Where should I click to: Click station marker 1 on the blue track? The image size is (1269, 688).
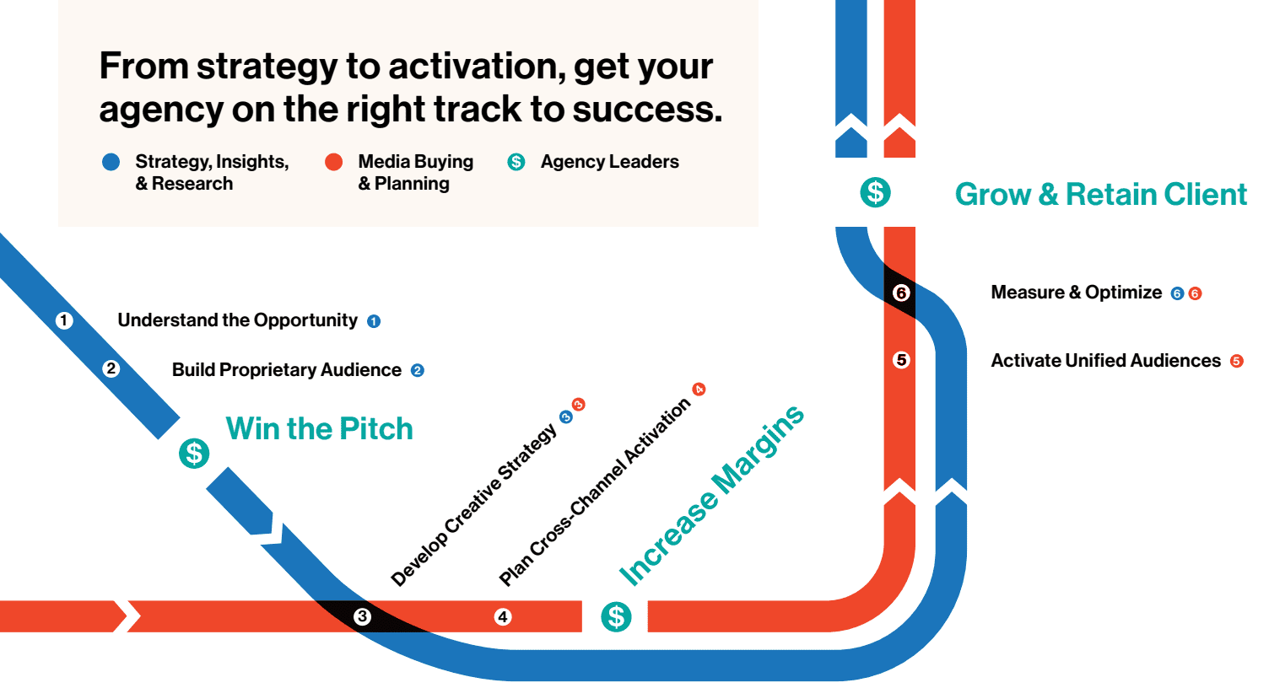64,320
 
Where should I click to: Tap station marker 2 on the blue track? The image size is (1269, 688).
111,368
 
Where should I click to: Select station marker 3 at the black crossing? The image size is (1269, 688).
362,616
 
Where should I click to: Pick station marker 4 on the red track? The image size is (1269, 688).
503,616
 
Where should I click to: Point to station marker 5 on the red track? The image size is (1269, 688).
901,360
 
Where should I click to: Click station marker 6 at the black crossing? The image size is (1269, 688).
901,293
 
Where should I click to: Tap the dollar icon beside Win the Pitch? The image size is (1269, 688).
194,454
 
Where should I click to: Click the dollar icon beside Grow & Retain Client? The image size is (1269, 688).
875,192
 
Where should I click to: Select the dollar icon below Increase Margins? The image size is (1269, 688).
616,616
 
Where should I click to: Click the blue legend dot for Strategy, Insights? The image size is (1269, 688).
111,162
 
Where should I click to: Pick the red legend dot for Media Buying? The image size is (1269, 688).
334,162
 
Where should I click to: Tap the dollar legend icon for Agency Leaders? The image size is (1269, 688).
516,162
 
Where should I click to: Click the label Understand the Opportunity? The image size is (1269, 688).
237,320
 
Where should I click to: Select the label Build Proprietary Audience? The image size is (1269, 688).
286,370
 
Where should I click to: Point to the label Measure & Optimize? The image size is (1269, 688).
1076,293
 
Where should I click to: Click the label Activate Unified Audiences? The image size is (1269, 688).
1105,361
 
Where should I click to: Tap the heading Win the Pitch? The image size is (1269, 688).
319,428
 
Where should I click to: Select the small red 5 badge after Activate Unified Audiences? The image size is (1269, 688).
1236,362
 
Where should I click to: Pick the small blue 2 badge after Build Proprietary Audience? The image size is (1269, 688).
417,370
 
